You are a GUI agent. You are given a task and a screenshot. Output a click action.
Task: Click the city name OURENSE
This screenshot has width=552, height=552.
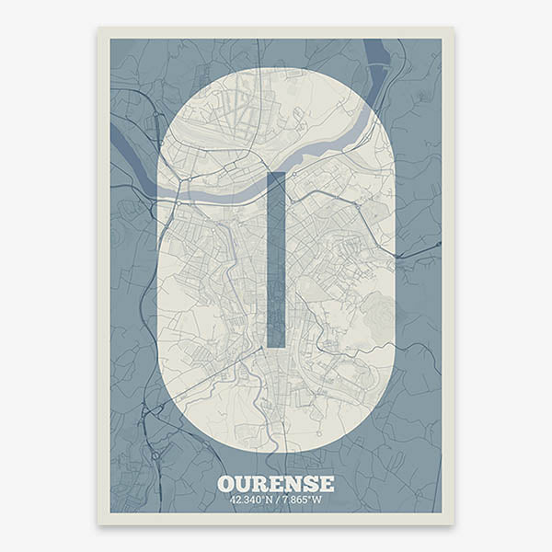[276, 484]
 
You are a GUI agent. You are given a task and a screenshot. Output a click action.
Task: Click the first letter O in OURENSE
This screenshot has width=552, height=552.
[226, 484]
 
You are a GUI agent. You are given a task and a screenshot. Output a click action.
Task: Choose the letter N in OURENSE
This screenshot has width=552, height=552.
[293, 484]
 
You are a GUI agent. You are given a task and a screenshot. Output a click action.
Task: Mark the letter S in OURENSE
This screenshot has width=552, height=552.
[310, 484]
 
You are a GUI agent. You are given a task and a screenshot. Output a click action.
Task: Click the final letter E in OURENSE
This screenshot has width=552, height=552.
[326, 484]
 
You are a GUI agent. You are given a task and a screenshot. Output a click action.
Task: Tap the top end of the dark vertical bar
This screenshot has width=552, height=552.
[276, 174]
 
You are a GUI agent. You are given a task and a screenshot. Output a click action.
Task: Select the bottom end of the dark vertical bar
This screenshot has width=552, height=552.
[276, 345]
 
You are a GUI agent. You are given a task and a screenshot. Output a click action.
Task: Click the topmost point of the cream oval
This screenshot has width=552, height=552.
[276, 68]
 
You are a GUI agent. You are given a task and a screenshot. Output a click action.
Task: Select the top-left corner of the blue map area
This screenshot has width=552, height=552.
[111, 40]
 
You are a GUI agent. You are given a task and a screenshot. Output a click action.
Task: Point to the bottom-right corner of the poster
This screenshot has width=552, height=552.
[453, 524]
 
